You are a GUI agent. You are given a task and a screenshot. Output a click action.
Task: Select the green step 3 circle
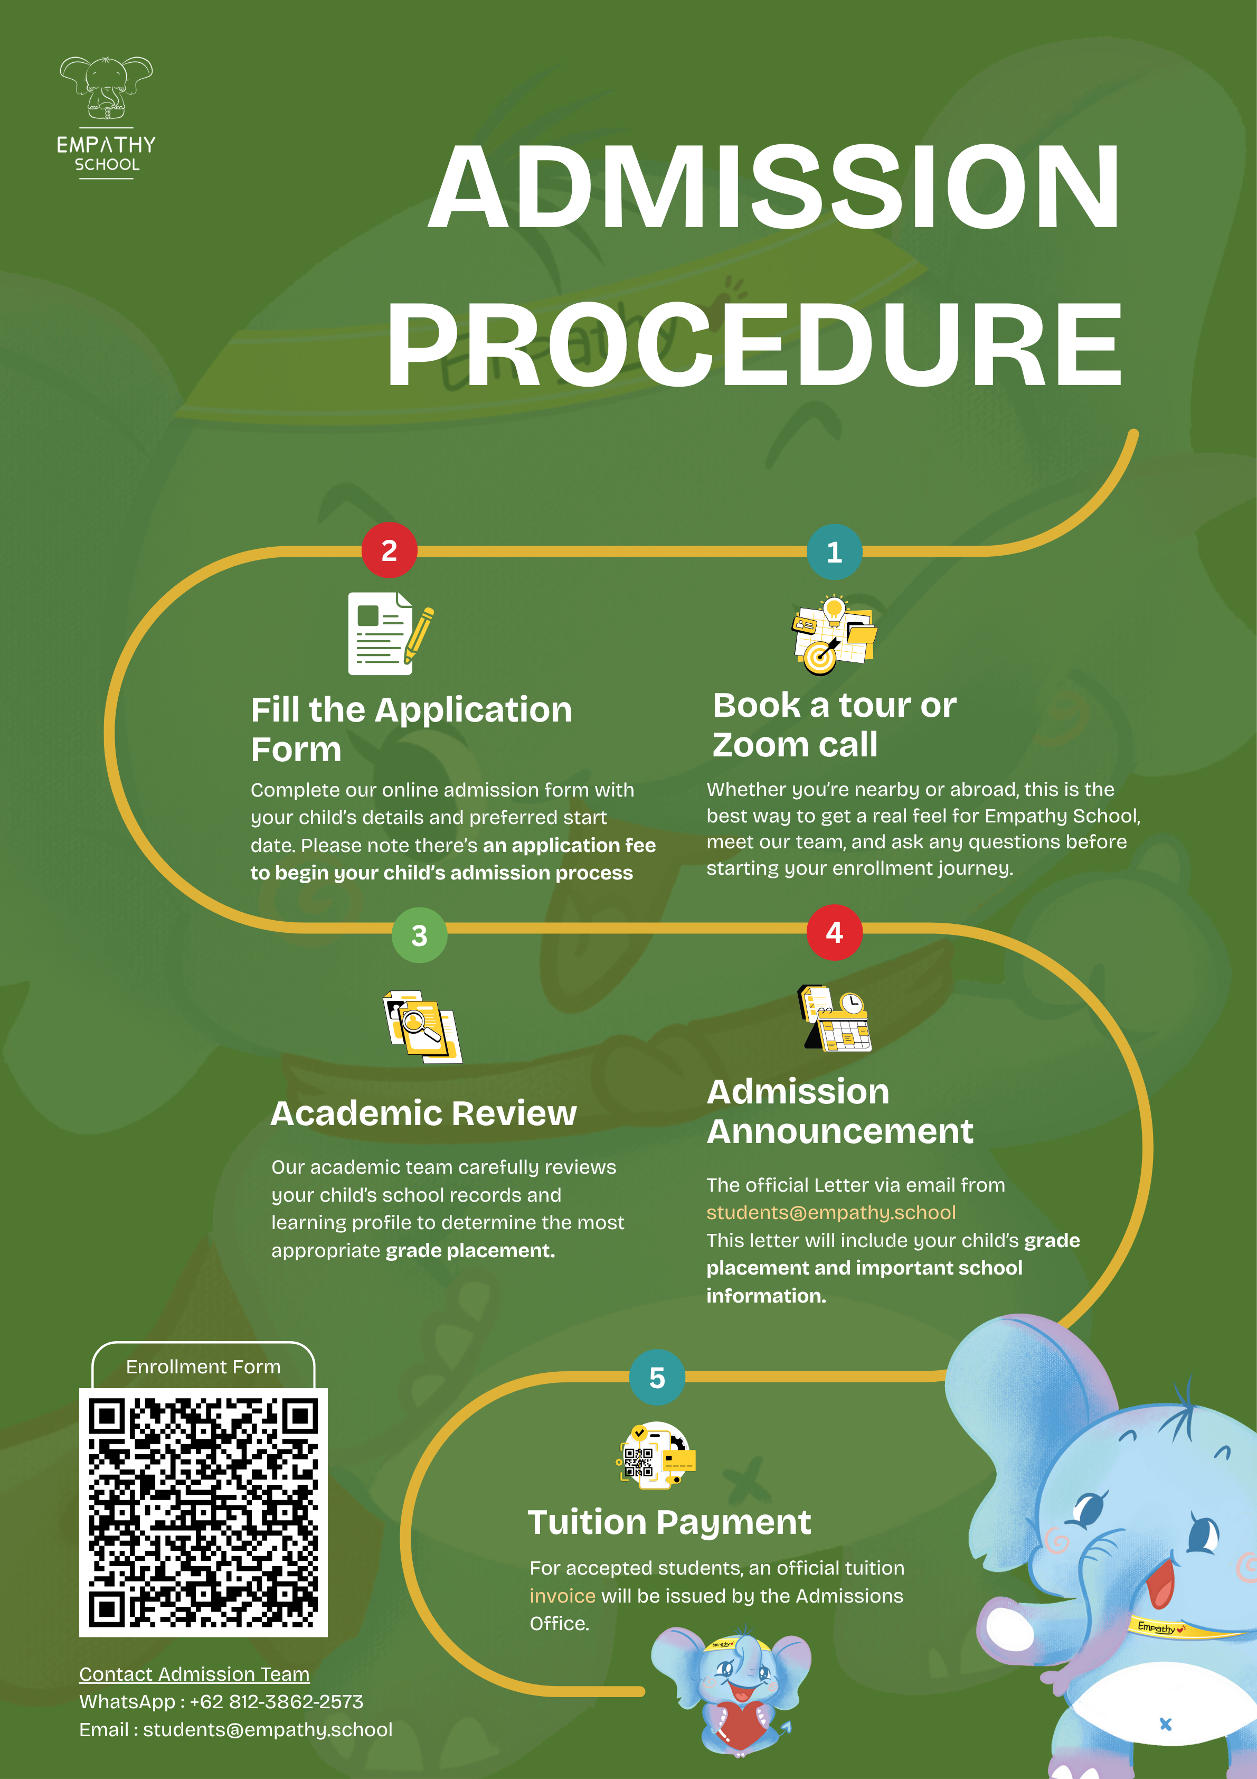[419, 935]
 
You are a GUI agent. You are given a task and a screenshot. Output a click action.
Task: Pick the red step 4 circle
[834, 932]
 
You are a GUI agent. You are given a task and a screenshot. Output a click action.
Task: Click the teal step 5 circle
[657, 1377]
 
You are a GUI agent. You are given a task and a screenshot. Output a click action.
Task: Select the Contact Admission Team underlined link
[194, 1674]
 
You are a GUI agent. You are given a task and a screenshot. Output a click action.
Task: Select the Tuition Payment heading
[669, 1522]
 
